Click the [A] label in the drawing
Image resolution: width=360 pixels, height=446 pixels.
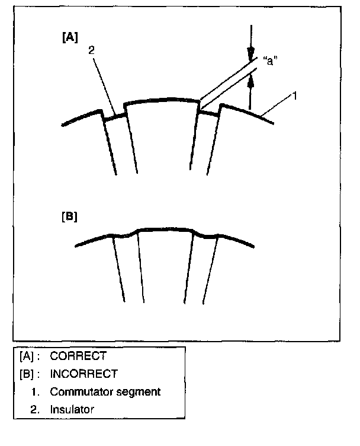coord(70,37)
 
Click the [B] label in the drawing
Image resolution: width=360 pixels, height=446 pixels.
coord(69,216)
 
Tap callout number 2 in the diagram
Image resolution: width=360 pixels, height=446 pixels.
coord(91,50)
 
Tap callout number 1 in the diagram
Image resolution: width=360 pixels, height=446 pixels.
coord(295,96)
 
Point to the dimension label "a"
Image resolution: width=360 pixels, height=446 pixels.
coord(270,60)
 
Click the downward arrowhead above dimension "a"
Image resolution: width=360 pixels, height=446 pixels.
coord(250,54)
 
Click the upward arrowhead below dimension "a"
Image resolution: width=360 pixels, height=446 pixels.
coord(250,81)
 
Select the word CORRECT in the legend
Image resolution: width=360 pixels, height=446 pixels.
coord(78,356)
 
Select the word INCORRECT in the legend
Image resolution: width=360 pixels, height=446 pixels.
coord(83,374)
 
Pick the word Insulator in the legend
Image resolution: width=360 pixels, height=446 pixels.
coord(72,409)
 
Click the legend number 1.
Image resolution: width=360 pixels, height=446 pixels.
coord(35,392)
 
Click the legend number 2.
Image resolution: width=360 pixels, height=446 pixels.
coord(35,410)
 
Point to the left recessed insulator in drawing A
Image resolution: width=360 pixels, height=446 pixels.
coord(114,117)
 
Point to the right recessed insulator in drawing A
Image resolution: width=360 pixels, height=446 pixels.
coord(208,113)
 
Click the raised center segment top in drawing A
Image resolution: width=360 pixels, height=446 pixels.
coord(161,100)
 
